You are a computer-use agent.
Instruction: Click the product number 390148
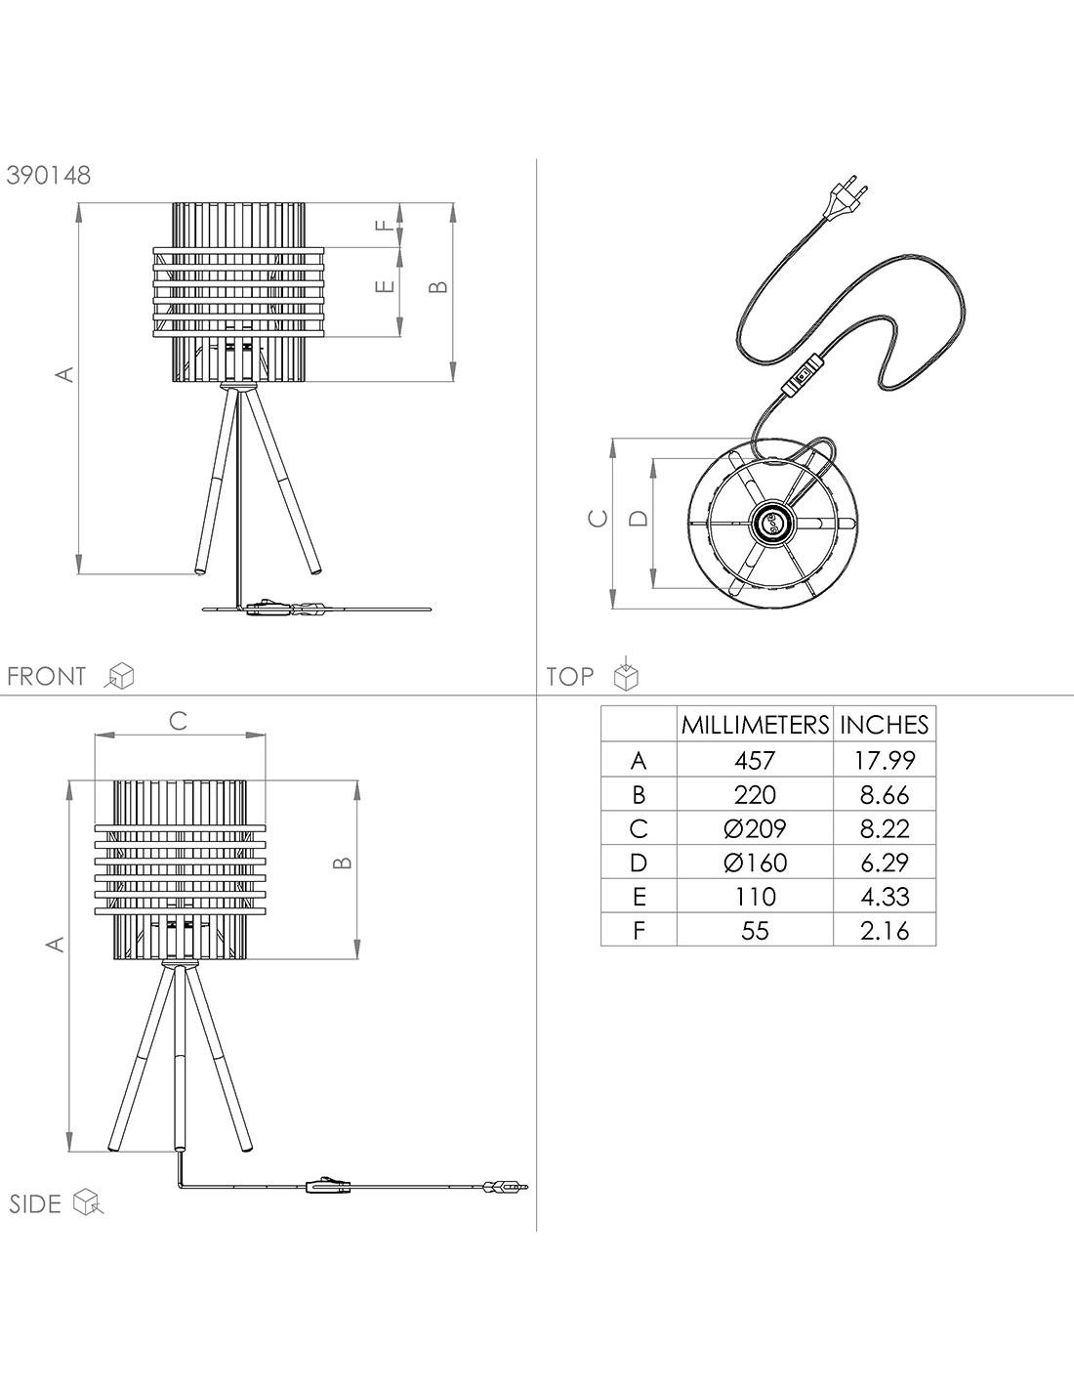point(49,175)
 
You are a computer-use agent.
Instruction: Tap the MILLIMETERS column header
point(755,725)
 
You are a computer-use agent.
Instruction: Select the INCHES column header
point(885,725)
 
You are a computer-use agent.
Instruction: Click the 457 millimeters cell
point(755,761)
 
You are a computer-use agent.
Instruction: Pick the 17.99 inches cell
point(885,761)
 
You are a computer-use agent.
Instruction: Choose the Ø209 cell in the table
point(755,829)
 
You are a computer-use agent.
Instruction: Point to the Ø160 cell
point(755,863)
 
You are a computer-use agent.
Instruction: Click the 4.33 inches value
point(885,897)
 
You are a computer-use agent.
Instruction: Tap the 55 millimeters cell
point(755,931)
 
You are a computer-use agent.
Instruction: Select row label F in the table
point(639,931)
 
